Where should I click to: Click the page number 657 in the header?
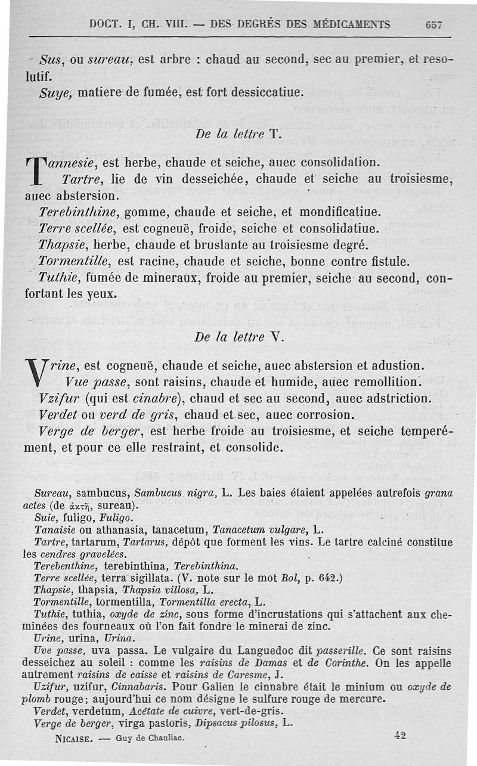coord(434,24)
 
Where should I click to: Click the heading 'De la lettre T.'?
coord(237,134)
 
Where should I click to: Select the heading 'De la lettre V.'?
coord(237,336)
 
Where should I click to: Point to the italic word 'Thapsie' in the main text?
coord(60,245)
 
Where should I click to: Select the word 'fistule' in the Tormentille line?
coord(391,261)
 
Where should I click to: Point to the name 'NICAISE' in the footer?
coord(73,737)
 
